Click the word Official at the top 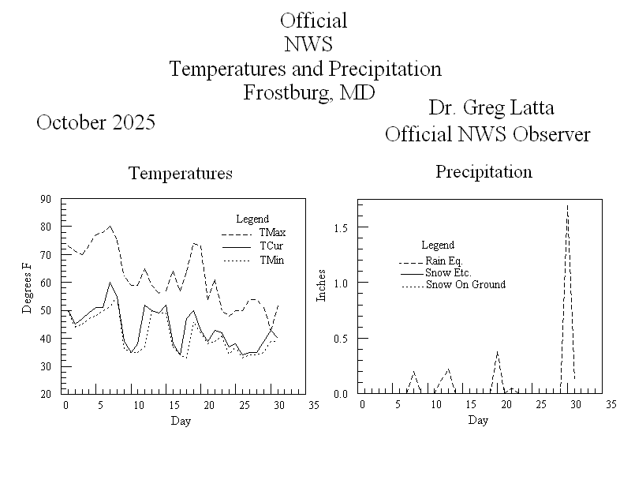[313, 21]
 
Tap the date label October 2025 [95, 122]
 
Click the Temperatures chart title [181, 173]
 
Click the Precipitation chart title [484, 171]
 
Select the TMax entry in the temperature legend [272, 233]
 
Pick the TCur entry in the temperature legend [271, 246]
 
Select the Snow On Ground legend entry [465, 284]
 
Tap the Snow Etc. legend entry [448, 273]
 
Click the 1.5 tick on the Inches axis [341, 227]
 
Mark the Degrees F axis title [28, 295]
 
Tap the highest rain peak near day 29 [567, 206]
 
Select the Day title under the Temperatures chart [181, 421]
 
